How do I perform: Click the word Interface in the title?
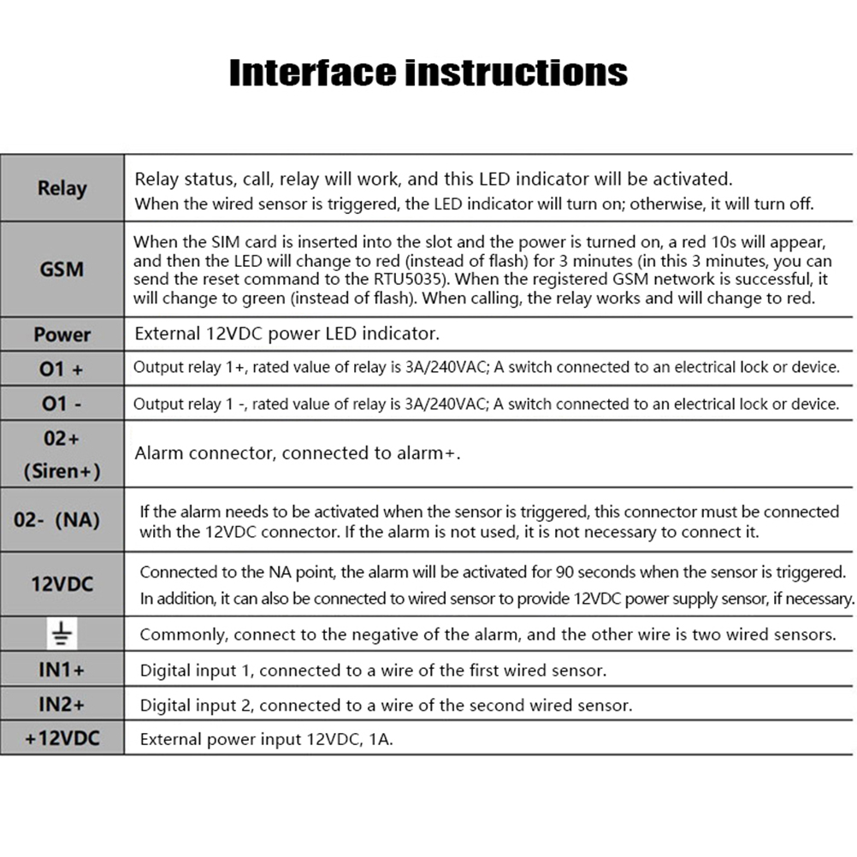point(311,73)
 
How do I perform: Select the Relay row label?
point(62,188)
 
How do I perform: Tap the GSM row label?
point(62,269)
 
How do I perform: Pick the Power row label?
point(62,334)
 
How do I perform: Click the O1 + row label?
point(62,369)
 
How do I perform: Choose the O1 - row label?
point(62,403)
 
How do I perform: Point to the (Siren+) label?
point(62,470)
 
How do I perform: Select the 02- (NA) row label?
point(62,519)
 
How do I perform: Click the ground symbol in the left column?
point(61,634)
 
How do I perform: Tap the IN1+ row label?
point(62,670)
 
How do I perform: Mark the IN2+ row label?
point(62,705)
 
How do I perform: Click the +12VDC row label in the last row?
point(62,738)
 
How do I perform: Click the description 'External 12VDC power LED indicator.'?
point(287,334)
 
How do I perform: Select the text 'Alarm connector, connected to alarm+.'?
point(297,453)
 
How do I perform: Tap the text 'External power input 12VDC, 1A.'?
point(266,739)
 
